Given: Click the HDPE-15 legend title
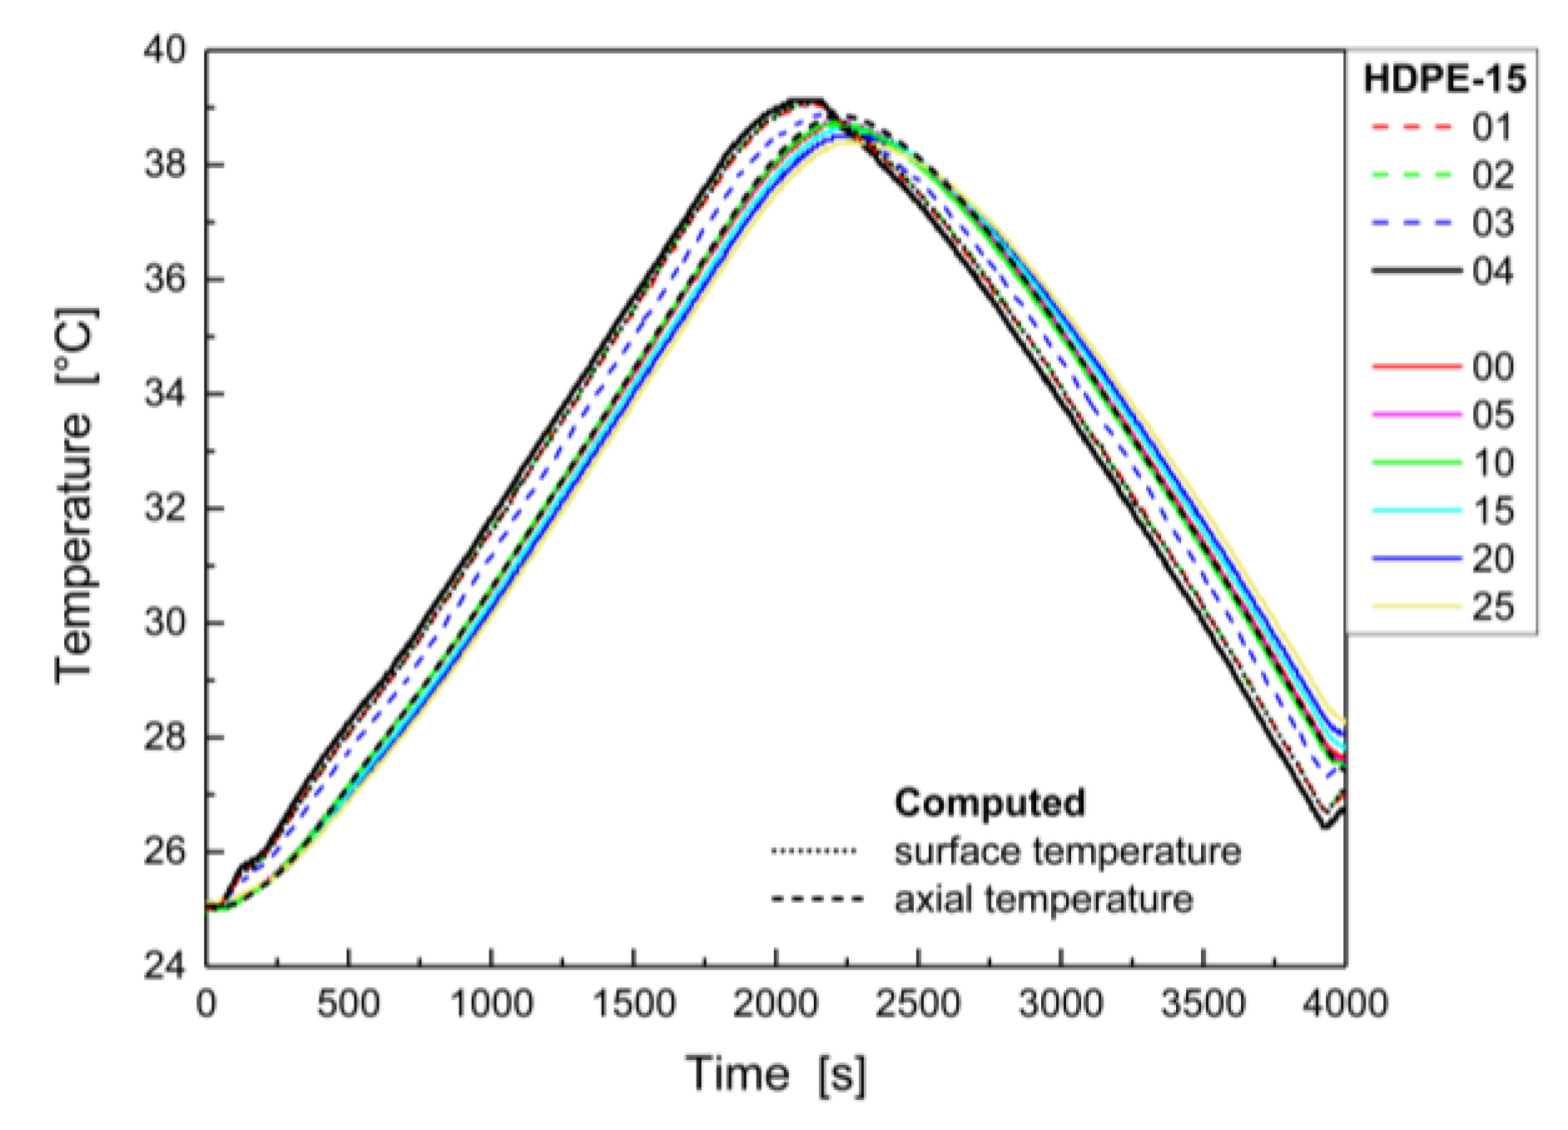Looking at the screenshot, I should coord(1444,79).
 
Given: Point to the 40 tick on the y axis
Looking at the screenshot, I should coord(166,50).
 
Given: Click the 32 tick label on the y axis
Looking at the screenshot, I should coord(166,508).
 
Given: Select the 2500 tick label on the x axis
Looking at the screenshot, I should coord(917,1004).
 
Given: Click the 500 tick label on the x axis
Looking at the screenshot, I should coord(348,1004).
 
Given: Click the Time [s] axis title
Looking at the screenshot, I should coord(776,1073).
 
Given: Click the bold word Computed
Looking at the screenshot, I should coord(989,803).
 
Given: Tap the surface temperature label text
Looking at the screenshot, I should coord(1067,851).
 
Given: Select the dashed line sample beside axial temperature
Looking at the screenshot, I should coord(816,900).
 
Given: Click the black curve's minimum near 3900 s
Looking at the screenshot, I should coord(1323,826).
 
